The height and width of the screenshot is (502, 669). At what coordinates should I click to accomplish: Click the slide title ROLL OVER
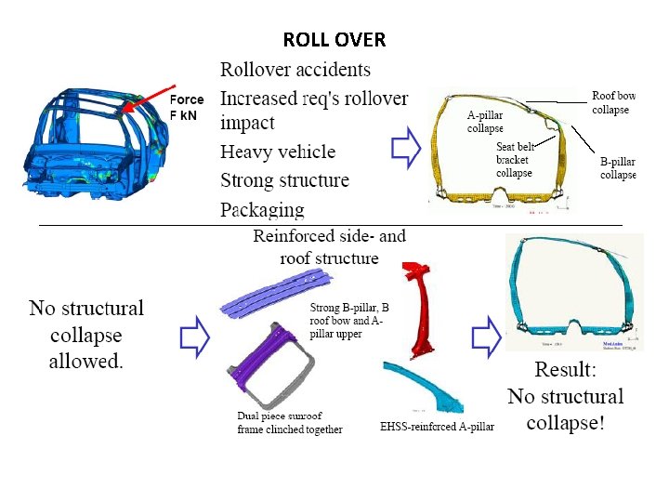coord(334,40)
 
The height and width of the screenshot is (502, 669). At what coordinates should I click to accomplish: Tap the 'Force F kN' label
coord(187,107)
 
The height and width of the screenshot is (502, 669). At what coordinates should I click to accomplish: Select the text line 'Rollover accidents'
coord(295,70)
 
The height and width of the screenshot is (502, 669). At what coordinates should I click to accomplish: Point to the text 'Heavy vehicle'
coord(277,152)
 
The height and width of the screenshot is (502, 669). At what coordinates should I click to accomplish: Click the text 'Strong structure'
coord(284,180)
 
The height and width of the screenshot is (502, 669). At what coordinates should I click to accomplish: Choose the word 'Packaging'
coord(262,209)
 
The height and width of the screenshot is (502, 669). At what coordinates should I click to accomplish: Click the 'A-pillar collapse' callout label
coord(485,122)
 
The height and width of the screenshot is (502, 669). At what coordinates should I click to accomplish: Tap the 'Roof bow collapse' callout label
coord(613,102)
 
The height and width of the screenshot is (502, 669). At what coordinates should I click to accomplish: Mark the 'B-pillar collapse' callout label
coord(618,167)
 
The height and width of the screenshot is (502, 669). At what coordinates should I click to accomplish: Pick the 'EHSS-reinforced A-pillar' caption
coord(438,428)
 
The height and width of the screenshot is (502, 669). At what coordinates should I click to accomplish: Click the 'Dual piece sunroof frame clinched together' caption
coord(290,423)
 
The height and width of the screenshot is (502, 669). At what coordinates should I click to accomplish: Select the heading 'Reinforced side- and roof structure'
coord(329,246)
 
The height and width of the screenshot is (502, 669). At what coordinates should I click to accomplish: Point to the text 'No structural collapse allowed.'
coord(86,335)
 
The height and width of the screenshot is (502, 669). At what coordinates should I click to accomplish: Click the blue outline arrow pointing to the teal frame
coord(486,336)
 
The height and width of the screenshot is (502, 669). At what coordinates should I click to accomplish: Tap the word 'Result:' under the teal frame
coord(565,369)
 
